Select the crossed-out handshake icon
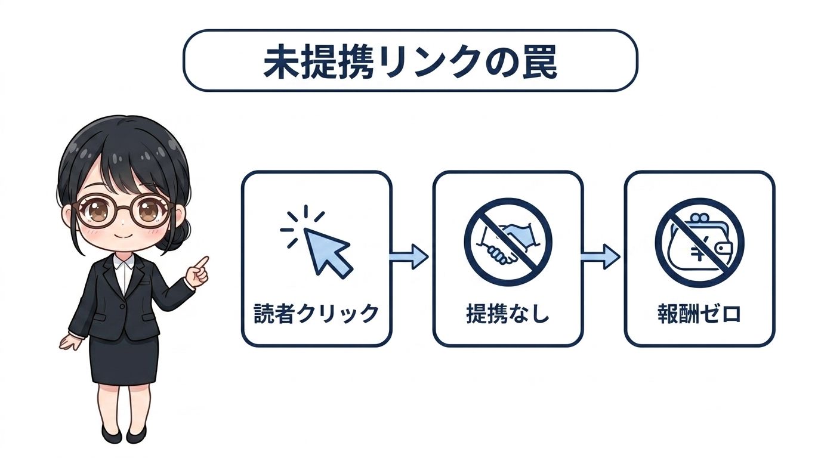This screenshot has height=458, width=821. [x=508, y=242]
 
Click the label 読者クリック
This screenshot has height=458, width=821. [x=316, y=314]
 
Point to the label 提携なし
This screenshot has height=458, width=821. [x=508, y=314]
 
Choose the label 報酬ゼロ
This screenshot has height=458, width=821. [x=699, y=314]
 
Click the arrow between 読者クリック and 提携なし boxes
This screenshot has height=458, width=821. [x=408, y=256]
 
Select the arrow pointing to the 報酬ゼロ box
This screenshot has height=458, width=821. [x=600, y=256]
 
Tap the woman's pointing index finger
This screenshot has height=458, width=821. [x=202, y=262]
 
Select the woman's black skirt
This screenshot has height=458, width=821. [x=124, y=359]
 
